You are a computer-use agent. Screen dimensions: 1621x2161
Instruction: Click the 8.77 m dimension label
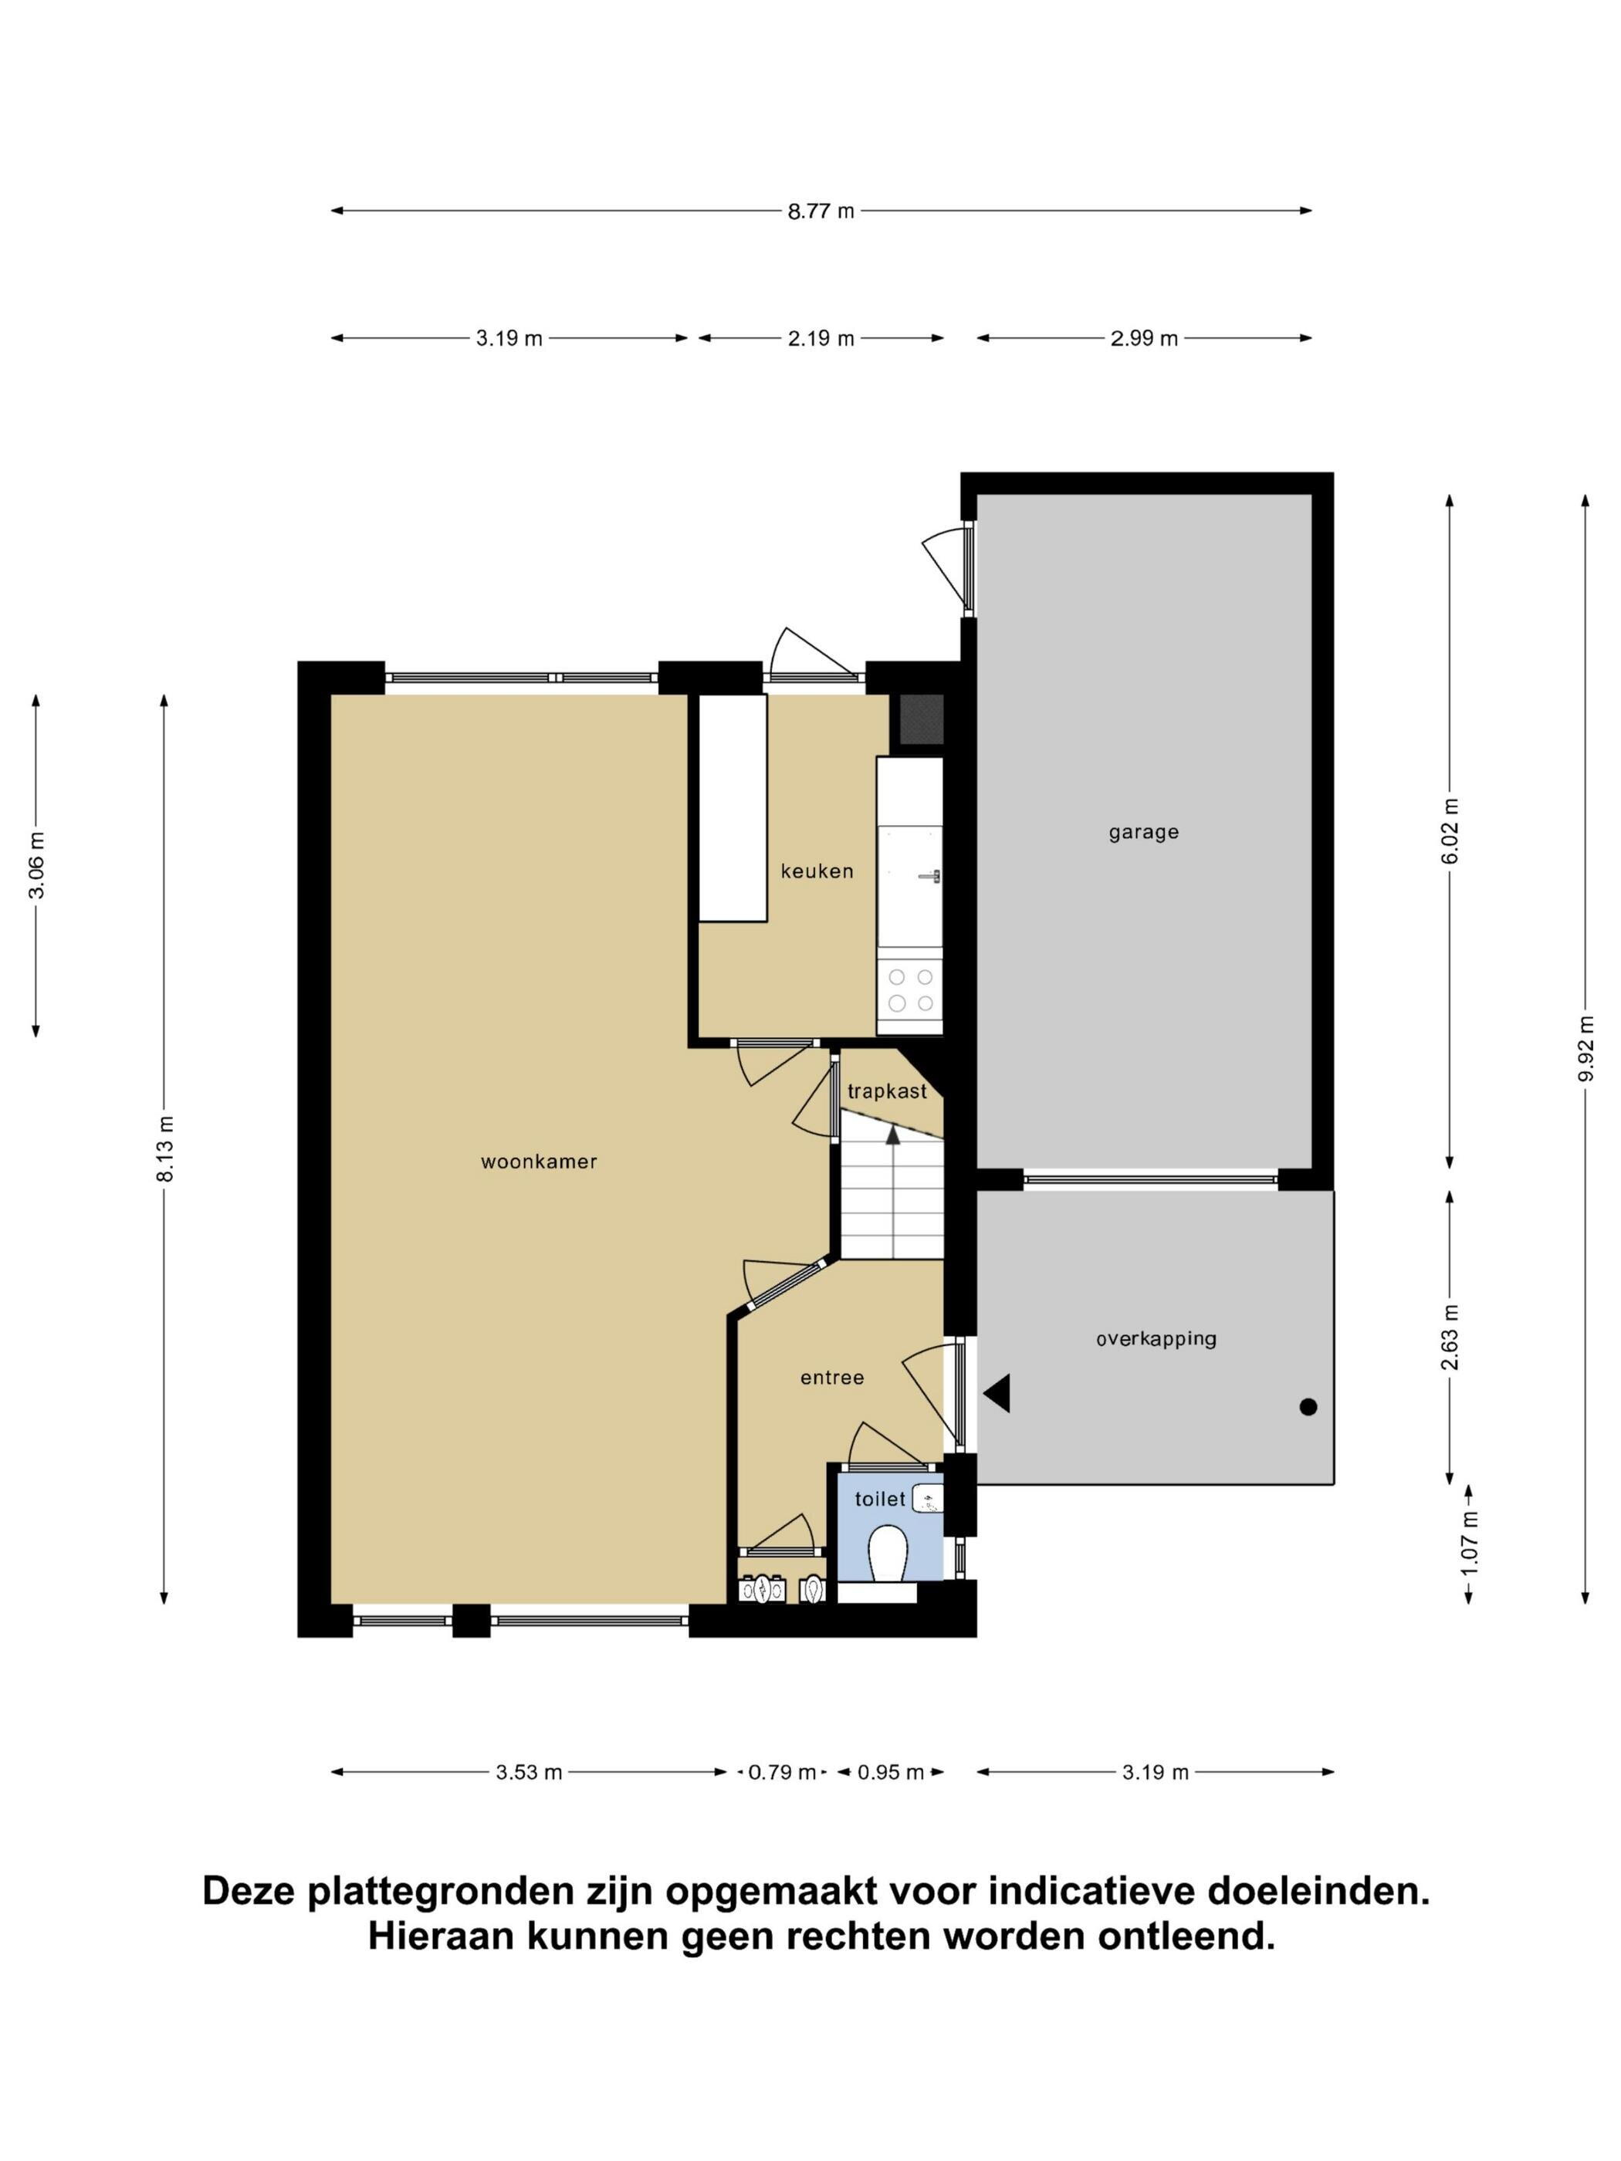[821, 210]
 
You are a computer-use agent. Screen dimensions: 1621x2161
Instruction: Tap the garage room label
[1143, 832]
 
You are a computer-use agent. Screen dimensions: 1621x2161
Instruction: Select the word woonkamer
[538, 1162]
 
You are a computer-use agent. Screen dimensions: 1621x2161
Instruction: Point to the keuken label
[817, 871]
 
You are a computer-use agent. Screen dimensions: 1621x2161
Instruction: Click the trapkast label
[887, 1091]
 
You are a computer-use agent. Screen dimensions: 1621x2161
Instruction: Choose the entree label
[831, 1378]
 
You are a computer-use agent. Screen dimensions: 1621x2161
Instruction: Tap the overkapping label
[1156, 1338]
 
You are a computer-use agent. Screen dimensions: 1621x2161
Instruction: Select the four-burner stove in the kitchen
[909, 989]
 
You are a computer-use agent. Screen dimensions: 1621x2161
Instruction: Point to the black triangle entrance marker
[997, 1393]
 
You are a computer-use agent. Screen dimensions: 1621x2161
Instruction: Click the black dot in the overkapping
[1308, 1407]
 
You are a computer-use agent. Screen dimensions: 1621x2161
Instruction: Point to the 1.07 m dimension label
[1470, 1543]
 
